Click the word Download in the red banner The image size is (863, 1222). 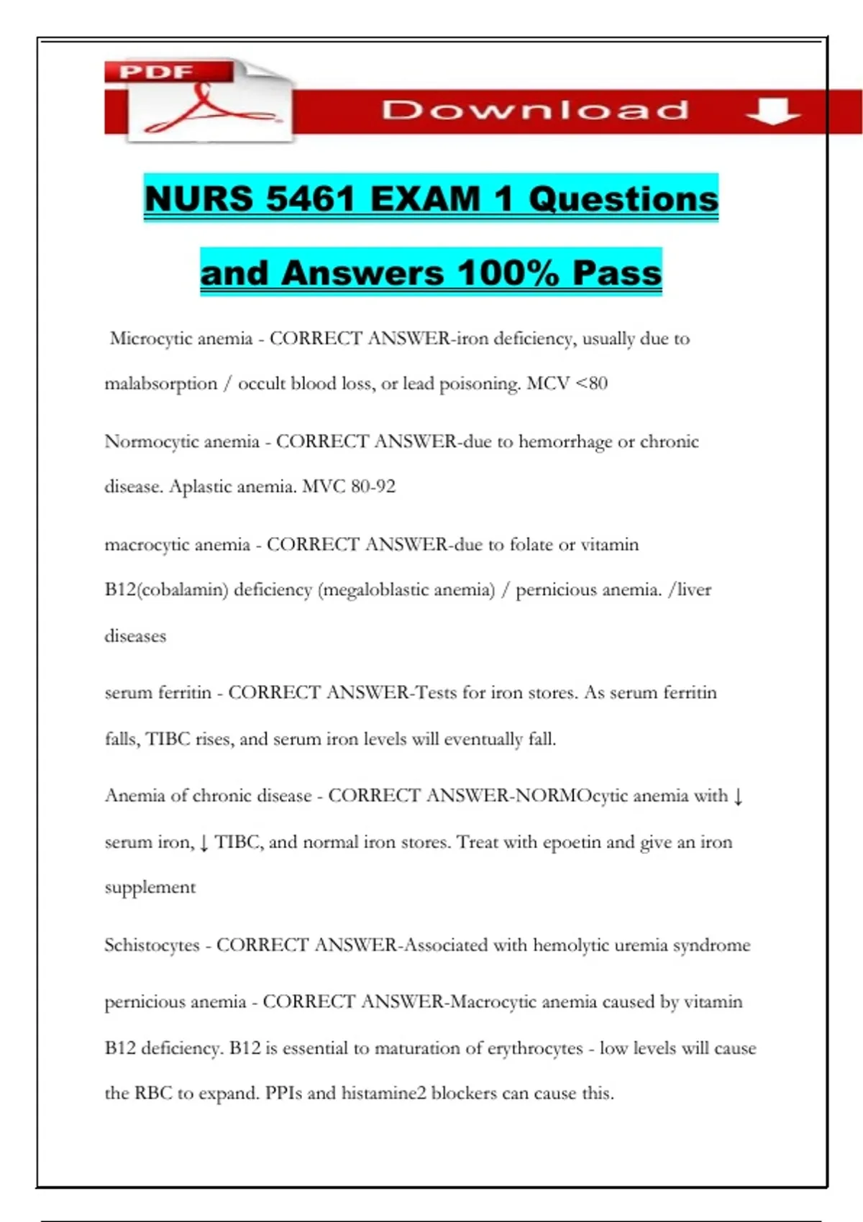pos(535,110)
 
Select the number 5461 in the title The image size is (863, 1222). pos(311,199)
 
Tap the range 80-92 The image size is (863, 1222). pos(373,487)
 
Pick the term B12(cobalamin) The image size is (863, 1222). pos(166,590)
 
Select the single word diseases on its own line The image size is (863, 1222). pos(135,636)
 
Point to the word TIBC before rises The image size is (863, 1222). pos(168,739)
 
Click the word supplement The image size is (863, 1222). pos(150,888)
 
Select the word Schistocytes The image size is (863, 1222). pos(152,945)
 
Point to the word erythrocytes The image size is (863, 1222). pos(535,1048)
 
